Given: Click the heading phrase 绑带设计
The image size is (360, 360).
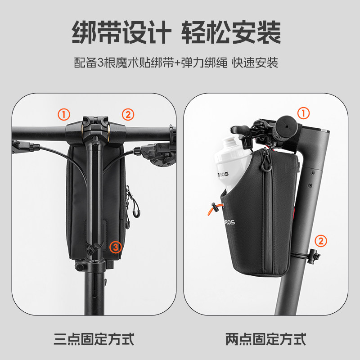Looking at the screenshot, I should [x=121, y=32].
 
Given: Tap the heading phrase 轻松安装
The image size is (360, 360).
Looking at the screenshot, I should [x=231, y=32].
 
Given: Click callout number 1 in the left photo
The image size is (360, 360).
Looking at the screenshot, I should [x=64, y=114].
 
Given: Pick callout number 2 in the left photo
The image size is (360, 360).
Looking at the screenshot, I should [x=128, y=114].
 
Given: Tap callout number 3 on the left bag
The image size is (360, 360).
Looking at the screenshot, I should [x=116, y=246].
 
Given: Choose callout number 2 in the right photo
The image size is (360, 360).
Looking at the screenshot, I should [x=320, y=241].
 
